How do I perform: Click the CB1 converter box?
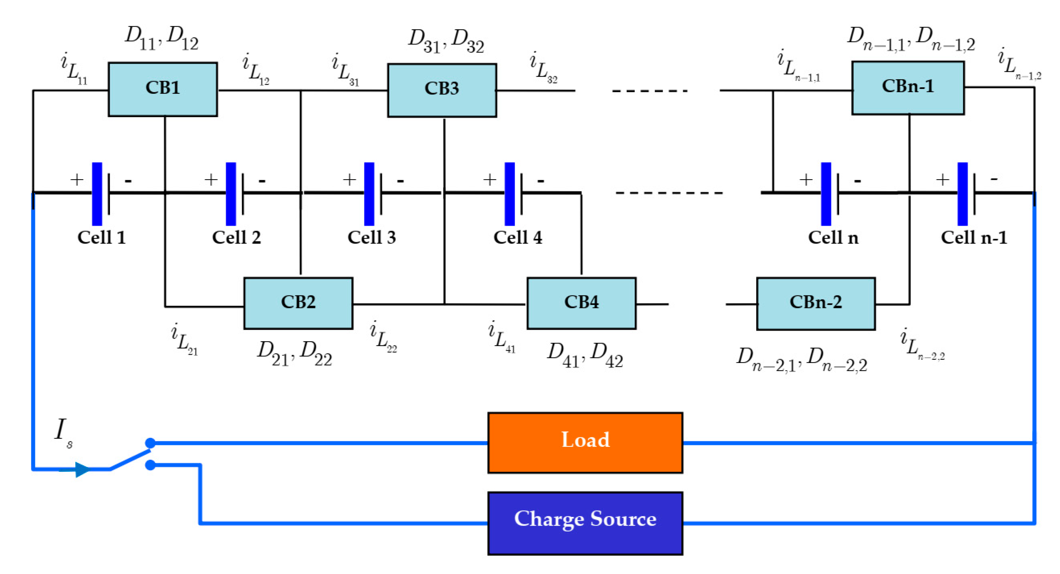point(163,89)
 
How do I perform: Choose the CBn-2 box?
point(815,304)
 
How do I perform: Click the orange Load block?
point(585,443)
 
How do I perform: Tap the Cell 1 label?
point(101,238)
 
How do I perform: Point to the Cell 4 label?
point(517,238)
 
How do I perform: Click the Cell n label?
point(833,238)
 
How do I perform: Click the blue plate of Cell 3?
point(369,193)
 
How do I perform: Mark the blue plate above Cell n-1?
point(962,193)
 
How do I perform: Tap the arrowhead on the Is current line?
point(81,469)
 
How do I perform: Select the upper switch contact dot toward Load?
point(150,443)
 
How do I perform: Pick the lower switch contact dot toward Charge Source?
point(150,465)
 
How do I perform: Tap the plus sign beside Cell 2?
point(211,180)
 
